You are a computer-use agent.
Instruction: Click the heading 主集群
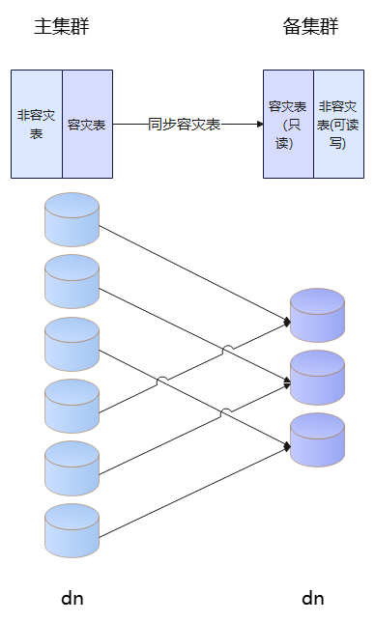coord(62,27)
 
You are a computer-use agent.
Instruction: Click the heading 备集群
coord(310,27)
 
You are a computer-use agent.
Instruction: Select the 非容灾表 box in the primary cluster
coord(37,125)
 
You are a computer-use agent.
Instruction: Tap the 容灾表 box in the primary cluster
coord(87,125)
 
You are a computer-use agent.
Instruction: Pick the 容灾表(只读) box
coord(288,125)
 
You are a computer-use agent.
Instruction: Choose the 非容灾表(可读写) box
coord(339,125)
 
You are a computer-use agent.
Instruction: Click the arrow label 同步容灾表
coord(185,125)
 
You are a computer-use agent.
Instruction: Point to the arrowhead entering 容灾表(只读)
coord(260,125)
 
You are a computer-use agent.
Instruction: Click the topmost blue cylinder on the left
coord(72,219)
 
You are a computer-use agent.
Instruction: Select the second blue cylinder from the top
coord(72,282)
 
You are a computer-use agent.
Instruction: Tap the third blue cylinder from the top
coord(72,344)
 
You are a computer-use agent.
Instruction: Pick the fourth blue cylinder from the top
coord(72,406)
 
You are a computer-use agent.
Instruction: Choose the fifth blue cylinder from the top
coord(72,468)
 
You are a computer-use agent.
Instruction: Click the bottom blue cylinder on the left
coord(72,530)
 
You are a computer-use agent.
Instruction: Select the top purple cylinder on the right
coord(317,315)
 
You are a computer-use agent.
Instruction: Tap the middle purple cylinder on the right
coord(317,378)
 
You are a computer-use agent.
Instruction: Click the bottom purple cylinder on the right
coord(317,439)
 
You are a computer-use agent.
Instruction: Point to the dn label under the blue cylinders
coord(72,598)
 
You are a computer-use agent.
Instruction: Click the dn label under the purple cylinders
coord(313,598)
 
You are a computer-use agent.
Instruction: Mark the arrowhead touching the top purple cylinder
coord(287,322)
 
